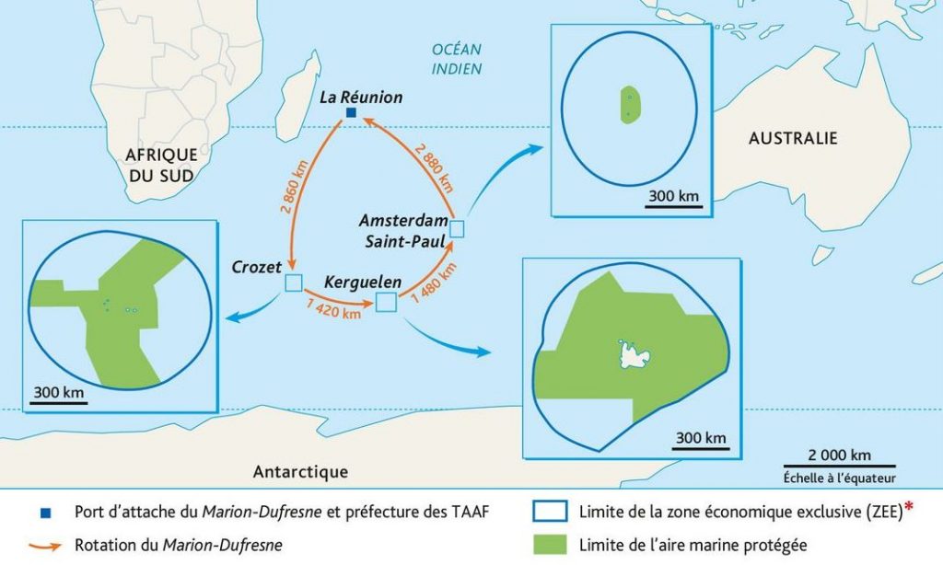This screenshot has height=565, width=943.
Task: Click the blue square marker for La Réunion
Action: [x=351, y=112]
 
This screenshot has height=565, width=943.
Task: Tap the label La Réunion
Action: [x=361, y=97]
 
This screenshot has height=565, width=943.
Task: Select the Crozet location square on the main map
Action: [x=294, y=282]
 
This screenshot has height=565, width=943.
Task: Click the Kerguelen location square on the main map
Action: [x=386, y=302]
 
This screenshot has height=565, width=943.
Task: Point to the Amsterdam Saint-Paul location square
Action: [x=457, y=229]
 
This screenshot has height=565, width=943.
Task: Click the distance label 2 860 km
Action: [x=294, y=187]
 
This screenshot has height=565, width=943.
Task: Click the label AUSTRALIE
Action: [x=793, y=138]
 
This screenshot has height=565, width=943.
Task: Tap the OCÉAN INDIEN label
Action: [x=457, y=59]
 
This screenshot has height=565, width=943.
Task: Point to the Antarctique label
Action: [x=300, y=471]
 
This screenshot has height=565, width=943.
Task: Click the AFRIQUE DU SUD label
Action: [x=161, y=166]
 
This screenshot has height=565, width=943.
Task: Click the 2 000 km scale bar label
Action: [x=839, y=455]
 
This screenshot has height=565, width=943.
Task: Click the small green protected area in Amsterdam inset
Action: [x=629, y=105]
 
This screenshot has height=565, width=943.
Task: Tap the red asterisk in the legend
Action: [x=909, y=507]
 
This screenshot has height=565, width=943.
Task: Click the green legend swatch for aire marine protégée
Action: [x=550, y=545]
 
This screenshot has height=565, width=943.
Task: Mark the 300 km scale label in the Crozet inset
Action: [x=58, y=393]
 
